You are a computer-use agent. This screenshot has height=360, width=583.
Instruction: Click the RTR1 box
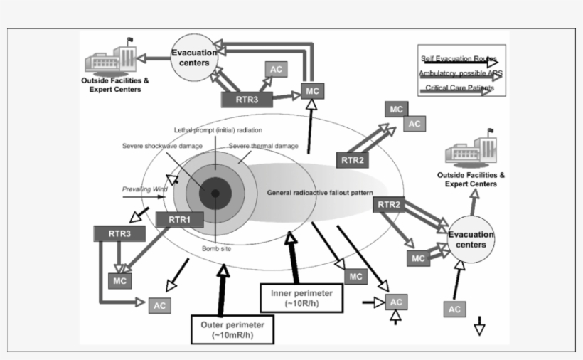(x=179, y=220)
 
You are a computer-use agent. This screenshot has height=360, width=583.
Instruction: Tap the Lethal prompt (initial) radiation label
(x=218, y=130)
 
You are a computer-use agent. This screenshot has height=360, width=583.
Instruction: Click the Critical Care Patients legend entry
(x=462, y=89)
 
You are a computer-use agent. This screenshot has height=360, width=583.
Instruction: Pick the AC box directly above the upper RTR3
(x=276, y=68)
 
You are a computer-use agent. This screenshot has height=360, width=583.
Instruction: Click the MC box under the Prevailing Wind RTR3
(x=118, y=280)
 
